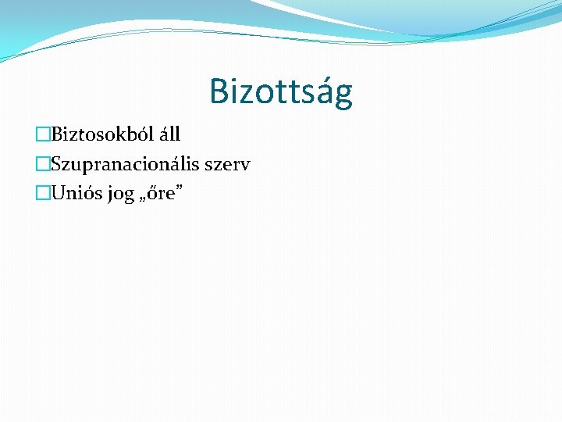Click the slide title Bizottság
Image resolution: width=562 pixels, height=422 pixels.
click(x=281, y=92)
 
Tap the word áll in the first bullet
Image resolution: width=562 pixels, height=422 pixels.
click(x=169, y=135)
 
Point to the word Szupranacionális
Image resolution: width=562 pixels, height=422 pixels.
click(x=126, y=164)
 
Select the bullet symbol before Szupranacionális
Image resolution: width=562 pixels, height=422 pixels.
click(x=43, y=165)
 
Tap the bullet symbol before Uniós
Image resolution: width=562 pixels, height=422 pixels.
click(x=43, y=194)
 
